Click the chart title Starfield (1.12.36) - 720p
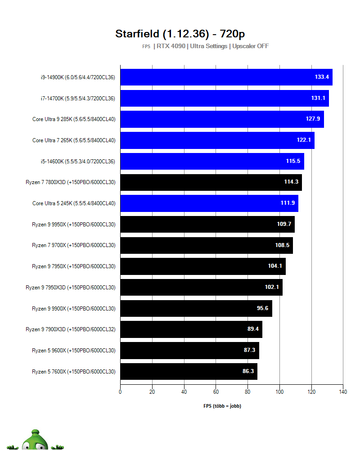click(x=180, y=34)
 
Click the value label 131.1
click(x=318, y=98)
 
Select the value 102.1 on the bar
click(x=272, y=287)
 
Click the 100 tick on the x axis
click(x=279, y=391)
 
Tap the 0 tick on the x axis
click(x=120, y=391)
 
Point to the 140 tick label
click(x=343, y=391)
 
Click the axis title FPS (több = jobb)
click(x=222, y=406)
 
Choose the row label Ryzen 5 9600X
click(x=73, y=350)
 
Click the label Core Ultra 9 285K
click(x=74, y=119)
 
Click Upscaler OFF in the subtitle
click(x=250, y=46)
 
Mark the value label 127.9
click(x=313, y=119)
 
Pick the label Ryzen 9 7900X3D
click(x=70, y=329)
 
